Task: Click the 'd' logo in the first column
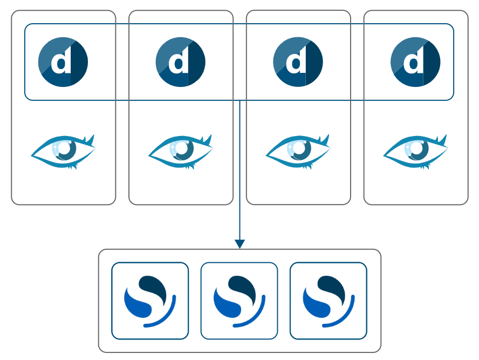tap(63, 62)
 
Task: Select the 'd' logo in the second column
tap(181, 62)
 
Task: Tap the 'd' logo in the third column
tap(298, 62)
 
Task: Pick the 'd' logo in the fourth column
tap(415, 62)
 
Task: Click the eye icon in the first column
tap(63, 151)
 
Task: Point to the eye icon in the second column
tap(181, 151)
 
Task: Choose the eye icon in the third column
tap(298, 151)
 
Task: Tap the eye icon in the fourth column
tap(415, 151)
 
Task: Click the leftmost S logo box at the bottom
tap(150, 301)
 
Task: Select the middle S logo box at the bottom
tap(239, 301)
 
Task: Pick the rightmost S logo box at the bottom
tap(329, 301)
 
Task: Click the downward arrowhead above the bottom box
tap(240, 244)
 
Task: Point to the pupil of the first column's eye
tap(65, 150)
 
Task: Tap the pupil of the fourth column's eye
tap(418, 150)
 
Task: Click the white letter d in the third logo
tap(296, 63)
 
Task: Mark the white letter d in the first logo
tap(61, 63)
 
